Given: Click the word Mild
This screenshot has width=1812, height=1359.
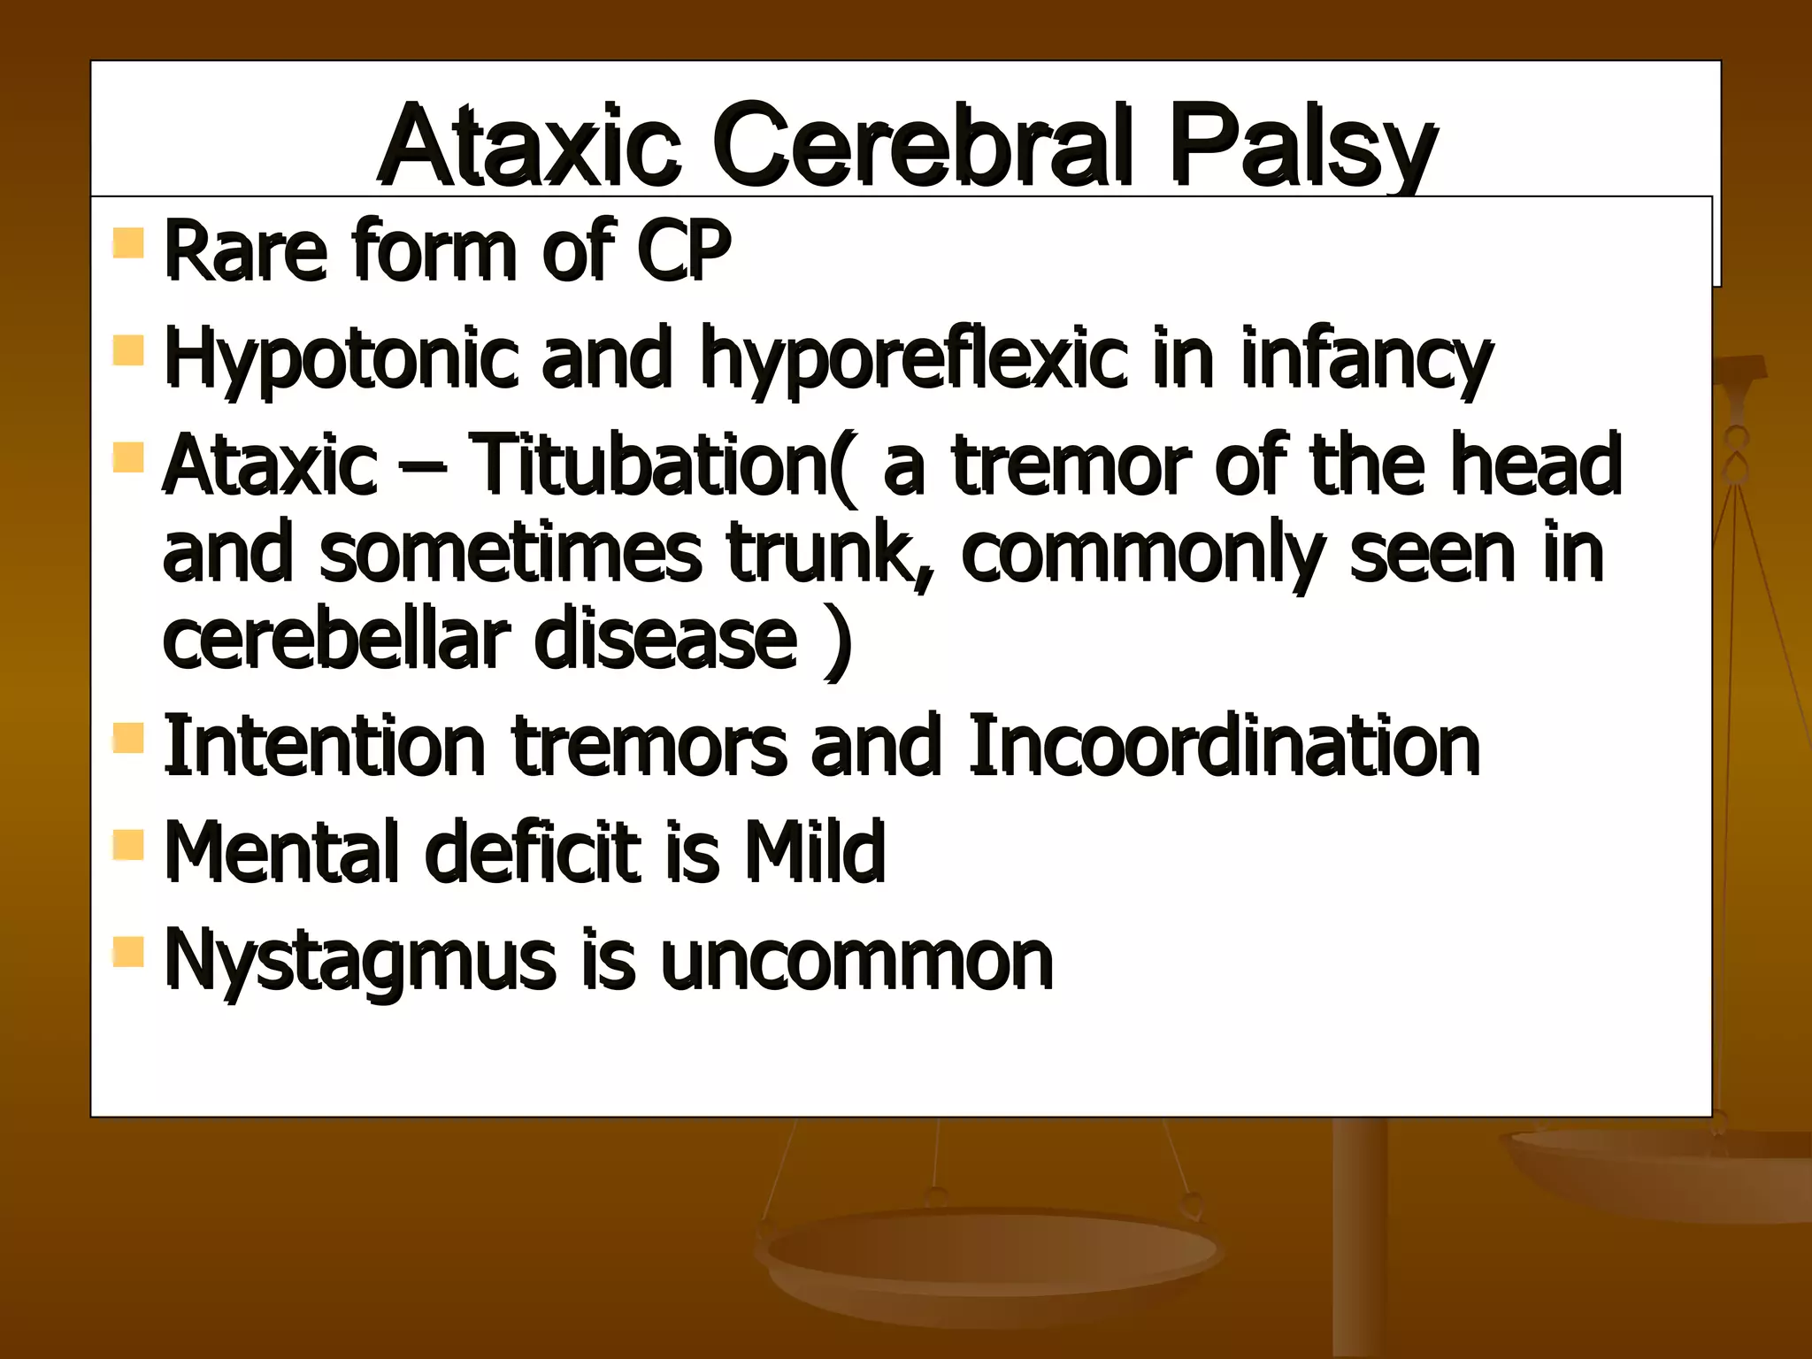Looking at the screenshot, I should click(x=814, y=851).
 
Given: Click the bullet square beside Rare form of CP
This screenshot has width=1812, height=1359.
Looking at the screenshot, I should click(x=129, y=242).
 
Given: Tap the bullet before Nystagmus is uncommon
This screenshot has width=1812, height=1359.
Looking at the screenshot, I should click(x=129, y=951).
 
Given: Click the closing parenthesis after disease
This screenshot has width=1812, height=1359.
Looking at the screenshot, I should click(x=836, y=639).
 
